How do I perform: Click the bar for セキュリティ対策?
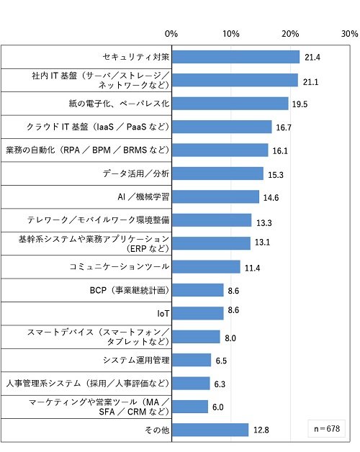235,57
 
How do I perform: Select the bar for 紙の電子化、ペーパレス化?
230,104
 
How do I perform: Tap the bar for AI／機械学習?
215,196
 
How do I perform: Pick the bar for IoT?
198,313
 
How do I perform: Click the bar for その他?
210,430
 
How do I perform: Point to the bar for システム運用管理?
192,360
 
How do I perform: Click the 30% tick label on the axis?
350,34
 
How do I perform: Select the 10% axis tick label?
231,34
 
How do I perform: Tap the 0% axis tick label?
171,34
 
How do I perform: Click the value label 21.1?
310,82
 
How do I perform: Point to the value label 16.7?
284,127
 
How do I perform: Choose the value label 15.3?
276,175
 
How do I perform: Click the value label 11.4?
253,268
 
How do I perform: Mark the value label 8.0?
230,338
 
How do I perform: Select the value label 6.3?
220,384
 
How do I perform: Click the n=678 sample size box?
327,429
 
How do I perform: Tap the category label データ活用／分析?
136,173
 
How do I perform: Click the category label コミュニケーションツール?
119,266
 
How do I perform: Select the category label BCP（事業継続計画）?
130,290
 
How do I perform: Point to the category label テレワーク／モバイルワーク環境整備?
98,220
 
